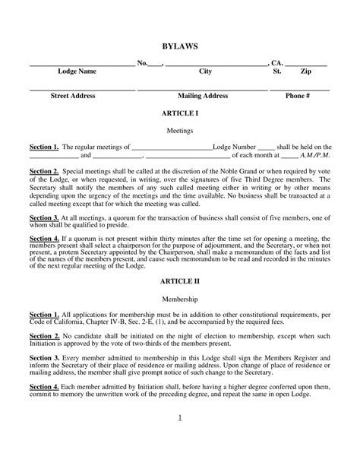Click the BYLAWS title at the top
(180, 46)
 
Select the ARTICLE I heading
(180, 112)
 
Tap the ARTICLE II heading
(180, 281)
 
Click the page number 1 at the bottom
(180, 417)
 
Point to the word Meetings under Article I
(180, 131)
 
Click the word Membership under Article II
(180, 300)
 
